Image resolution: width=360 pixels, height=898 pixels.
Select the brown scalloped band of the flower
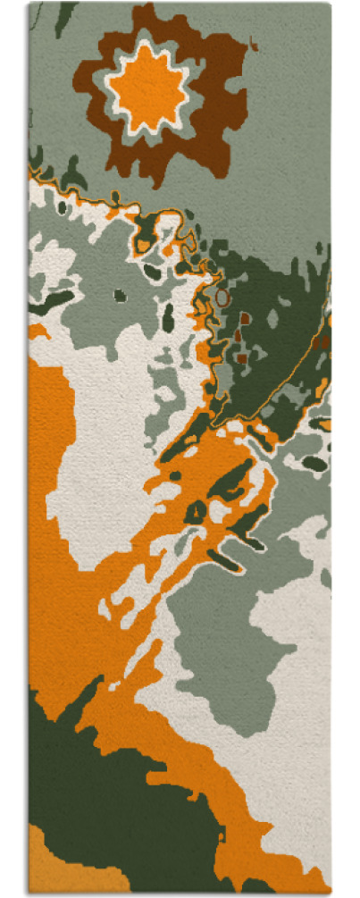point(223,89)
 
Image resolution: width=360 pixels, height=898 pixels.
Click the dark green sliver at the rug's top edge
point(63,18)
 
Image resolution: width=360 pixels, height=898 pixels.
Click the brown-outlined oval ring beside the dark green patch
point(222,297)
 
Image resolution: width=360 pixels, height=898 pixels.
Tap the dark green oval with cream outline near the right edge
point(314,463)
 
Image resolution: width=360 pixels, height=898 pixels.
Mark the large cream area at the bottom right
point(286,760)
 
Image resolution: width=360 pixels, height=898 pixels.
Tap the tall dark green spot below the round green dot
point(168,316)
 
